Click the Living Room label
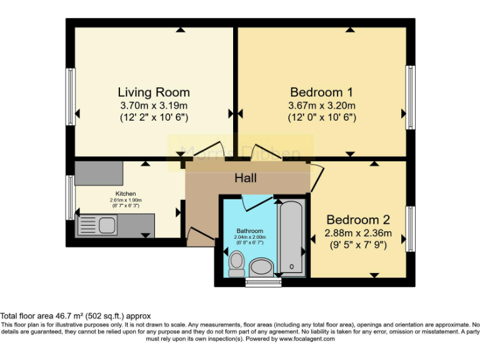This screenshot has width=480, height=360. coord(154,92)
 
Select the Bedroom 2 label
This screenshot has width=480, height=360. coord(358,220)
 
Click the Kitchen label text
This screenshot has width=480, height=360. coord(126,194)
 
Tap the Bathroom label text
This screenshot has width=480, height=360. coord(249,231)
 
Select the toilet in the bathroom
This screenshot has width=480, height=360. coord(237,264)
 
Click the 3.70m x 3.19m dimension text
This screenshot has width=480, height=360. coord(154,105)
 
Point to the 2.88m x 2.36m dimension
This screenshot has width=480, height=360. coord(358,233)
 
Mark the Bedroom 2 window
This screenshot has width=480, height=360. coord(411,226)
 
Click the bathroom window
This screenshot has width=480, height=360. coord(263,282)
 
